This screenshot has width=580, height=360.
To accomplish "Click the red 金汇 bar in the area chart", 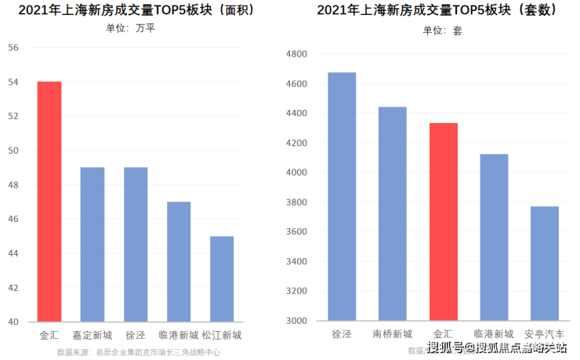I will pyautogui.click(x=49, y=202).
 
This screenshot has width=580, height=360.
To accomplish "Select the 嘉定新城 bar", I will pyautogui.click(x=92, y=244).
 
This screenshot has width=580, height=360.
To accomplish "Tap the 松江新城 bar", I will pyautogui.click(x=222, y=278).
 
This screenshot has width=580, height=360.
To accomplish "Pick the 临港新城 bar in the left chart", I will pyautogui.click(x=179, y=261).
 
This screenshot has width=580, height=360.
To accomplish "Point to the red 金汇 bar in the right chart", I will pyautogui.click(x=444, y=221).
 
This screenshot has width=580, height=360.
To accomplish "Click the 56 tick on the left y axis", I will pyautogui.click(x=13, y=47).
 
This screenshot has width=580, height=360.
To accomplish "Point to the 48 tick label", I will pyautogui.click(x=13, y=184).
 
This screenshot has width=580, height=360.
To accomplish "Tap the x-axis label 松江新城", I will pyautogui.click(x=222, y=336).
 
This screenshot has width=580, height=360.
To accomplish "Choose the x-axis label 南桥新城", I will pyautogui.click(x=393, y=334).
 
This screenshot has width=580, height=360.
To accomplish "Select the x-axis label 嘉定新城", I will pyautogui.click(x=92, y=336).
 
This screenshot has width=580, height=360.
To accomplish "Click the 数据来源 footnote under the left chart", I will pyautogui.click(x=138, y=352).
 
